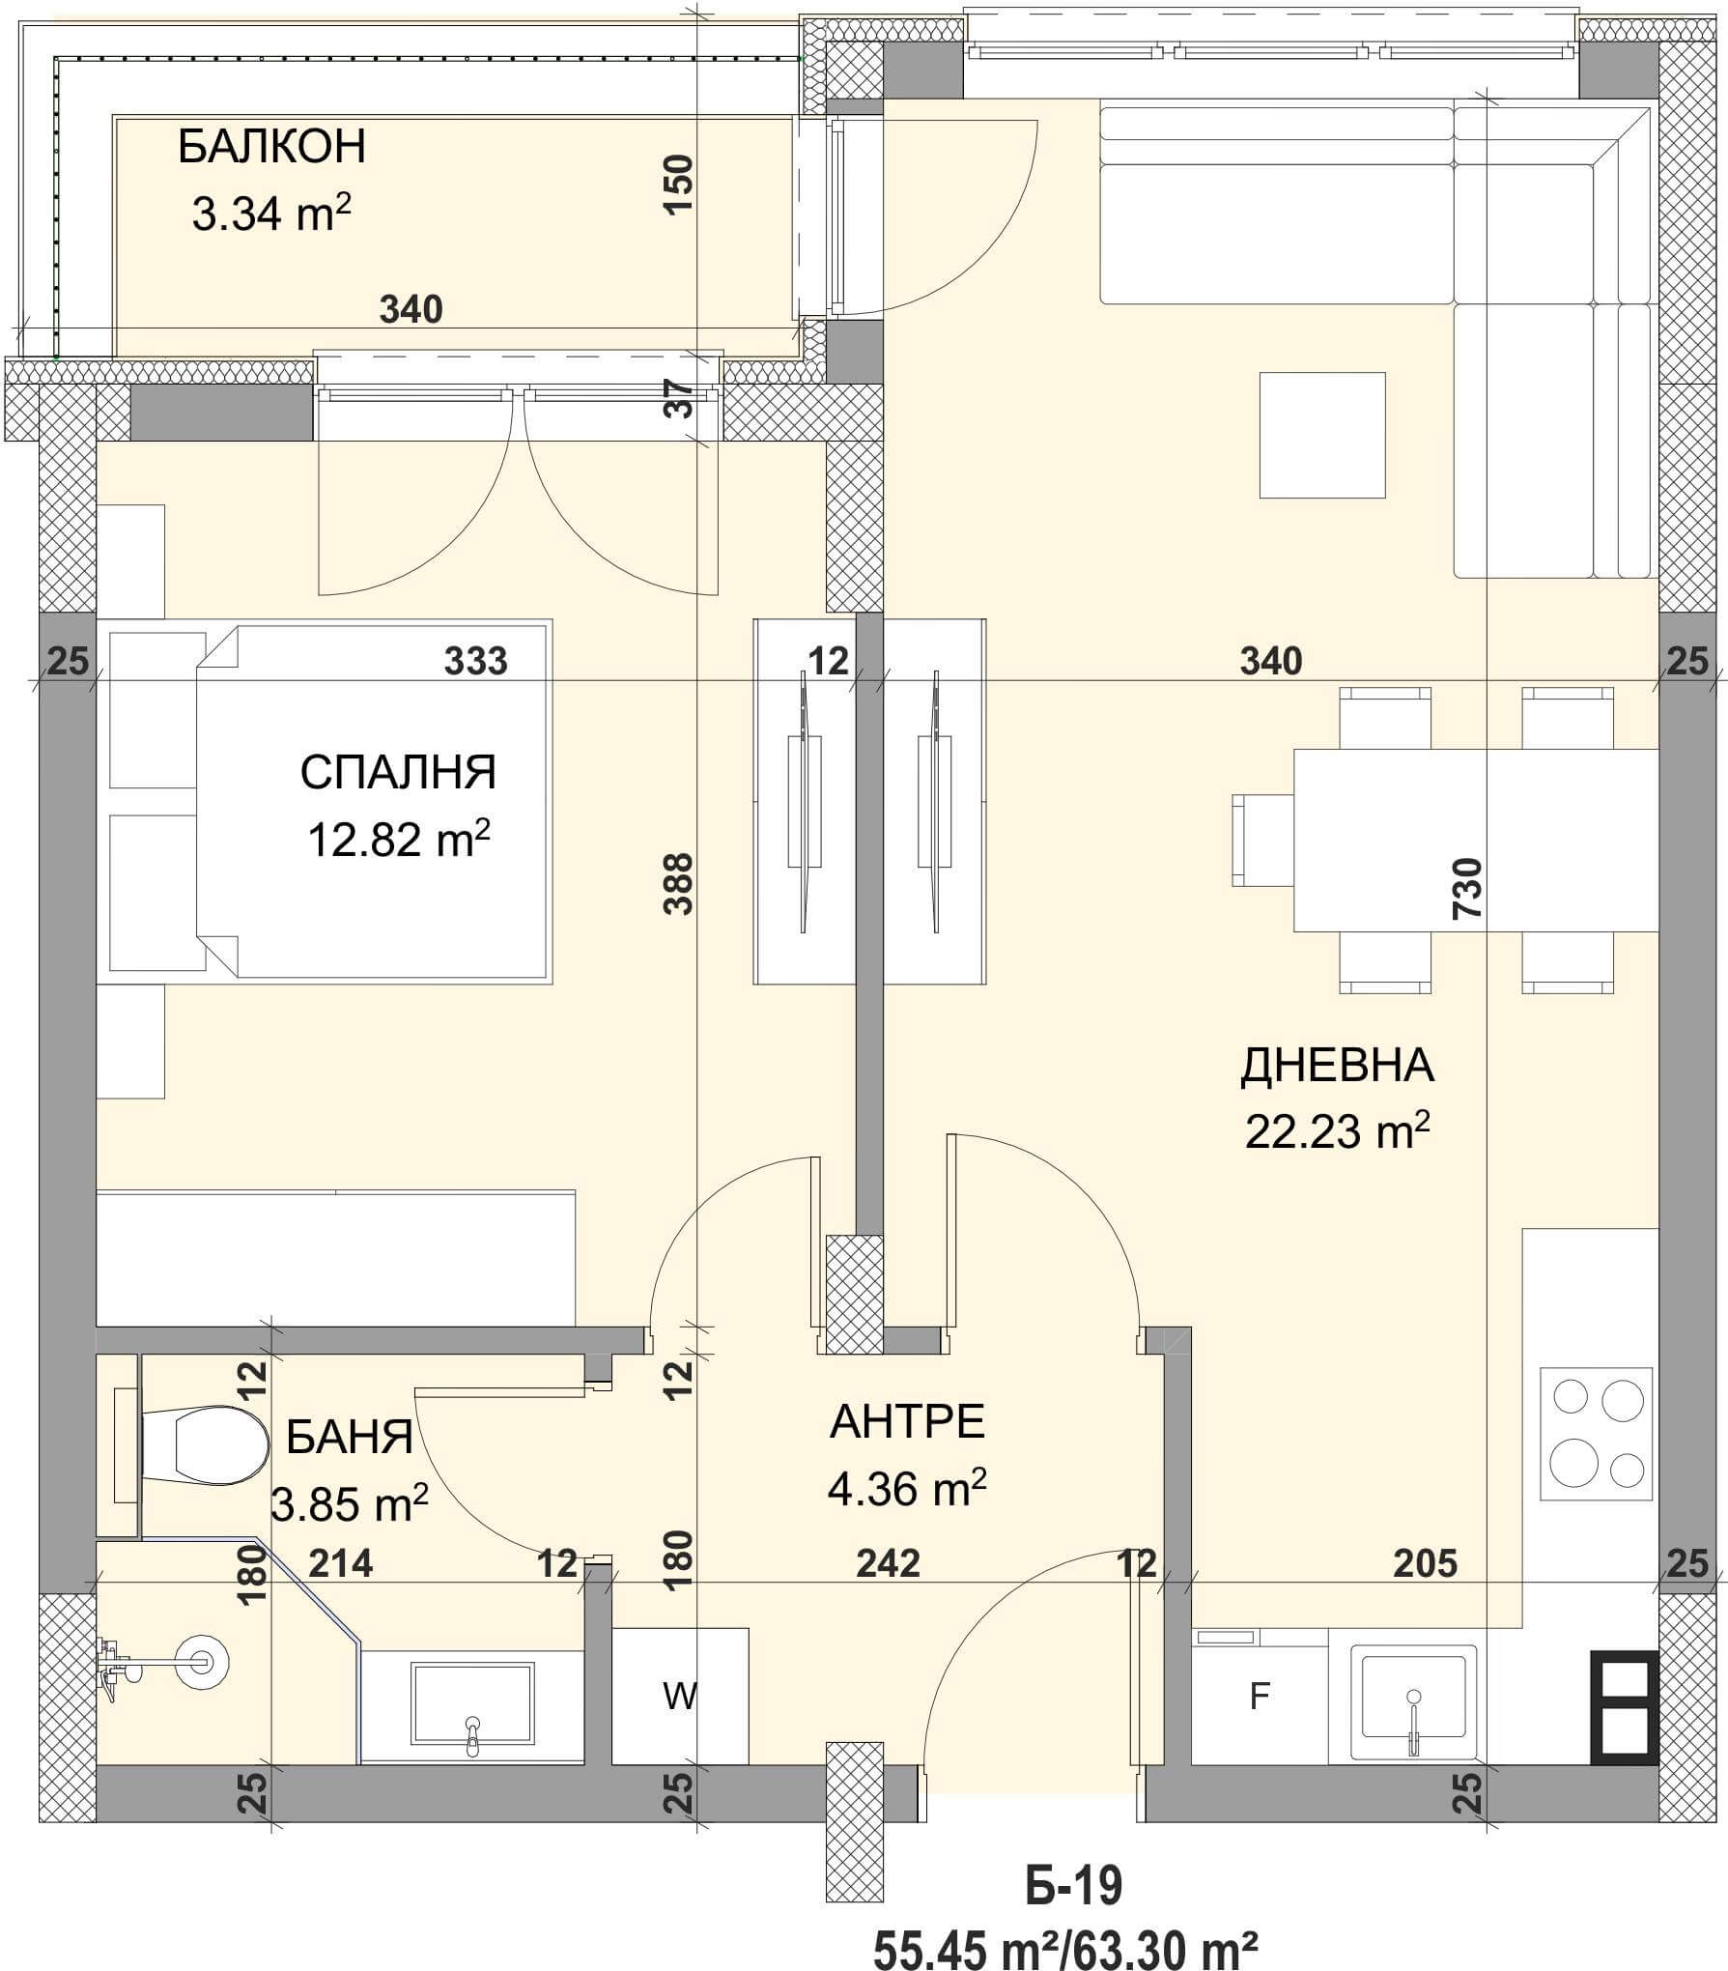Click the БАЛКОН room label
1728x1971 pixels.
271,147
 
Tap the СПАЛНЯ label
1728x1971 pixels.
398,773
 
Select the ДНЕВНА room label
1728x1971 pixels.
1337,1066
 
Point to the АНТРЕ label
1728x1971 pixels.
907,1422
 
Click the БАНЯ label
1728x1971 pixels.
350,1438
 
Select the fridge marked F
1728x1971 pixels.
1260,1696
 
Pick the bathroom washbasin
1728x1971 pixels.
472,1707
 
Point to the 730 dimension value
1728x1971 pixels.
1465,889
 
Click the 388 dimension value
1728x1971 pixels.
680,882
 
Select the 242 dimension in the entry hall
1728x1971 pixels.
888,1562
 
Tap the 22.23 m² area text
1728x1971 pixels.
1337,1131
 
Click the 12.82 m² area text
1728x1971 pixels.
398,838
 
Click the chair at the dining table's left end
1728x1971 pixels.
1263,840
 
